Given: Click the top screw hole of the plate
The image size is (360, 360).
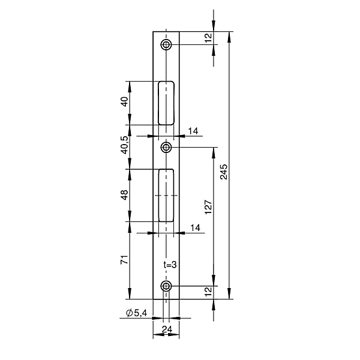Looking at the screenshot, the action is click(166, 44).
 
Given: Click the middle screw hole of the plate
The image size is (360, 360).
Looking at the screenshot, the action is click(166, 147).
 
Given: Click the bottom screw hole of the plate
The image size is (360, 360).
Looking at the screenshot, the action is click(166, 286).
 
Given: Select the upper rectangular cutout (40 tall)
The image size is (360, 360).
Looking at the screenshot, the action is click(166, 103).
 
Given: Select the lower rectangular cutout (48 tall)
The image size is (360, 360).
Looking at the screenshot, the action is click(166, 196).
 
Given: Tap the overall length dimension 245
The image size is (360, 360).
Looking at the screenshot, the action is click(223, 172).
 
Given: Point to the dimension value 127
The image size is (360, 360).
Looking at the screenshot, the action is click(208, 207).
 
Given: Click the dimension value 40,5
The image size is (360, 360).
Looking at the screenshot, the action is click(125, 145).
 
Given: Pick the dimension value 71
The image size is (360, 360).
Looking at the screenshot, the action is click(124, 259).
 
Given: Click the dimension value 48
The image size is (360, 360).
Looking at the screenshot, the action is click(124, 195).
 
